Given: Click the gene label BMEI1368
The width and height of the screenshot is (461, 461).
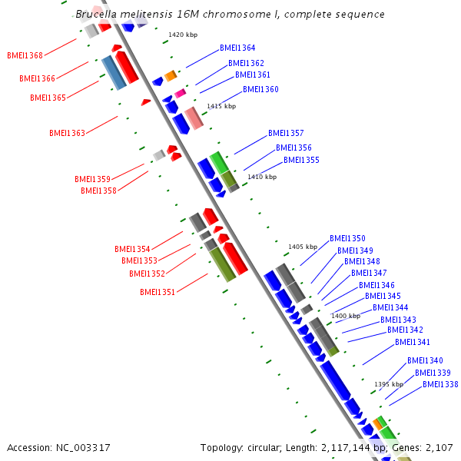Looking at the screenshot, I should [x=25, y=55].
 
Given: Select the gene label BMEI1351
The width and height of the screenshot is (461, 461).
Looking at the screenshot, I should [x=158, y=292].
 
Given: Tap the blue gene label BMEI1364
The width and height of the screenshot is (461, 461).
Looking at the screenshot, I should [x=237, y=48].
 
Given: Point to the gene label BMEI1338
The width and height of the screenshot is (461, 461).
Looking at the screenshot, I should [x=440, y=384].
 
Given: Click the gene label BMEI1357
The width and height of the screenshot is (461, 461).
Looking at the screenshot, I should [x=286, y=133].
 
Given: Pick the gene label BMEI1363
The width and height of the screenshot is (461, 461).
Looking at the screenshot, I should [x=67, y=133].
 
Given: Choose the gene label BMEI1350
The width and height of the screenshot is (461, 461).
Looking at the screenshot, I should [x=347, y=238].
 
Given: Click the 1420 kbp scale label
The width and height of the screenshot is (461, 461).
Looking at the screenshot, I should [x=182, y=35].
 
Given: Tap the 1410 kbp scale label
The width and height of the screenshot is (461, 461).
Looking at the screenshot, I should [x=262, y=177].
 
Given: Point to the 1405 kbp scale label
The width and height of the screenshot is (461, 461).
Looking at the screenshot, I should [x=302, y=247].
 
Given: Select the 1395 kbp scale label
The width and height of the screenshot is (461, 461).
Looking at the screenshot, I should [x=388, y=384].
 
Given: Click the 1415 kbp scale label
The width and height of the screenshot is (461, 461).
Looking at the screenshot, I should [x=221, y=106].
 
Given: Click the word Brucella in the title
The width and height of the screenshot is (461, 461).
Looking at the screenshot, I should [x=98, y=15].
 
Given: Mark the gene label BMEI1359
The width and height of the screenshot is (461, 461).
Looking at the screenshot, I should [x=92, y=179].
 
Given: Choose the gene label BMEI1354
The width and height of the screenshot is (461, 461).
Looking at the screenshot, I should [x=132, y=249].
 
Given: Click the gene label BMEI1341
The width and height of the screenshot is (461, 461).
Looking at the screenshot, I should [x=413, y=342].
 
